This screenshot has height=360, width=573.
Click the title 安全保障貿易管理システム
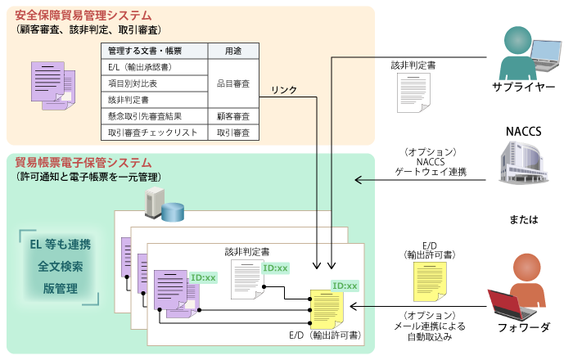click(83, 16)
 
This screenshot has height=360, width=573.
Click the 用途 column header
click(233, 52)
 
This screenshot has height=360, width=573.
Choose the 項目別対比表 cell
click(133, 83)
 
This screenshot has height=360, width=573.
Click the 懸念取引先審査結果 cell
click(145, 116)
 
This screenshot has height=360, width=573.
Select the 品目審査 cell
click(233, 83)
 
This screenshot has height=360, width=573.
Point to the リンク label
click(284, 90)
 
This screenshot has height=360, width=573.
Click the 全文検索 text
click(61, 267)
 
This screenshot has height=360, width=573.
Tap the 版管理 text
click(61, 288)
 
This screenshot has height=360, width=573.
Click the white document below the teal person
click(413, 92)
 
